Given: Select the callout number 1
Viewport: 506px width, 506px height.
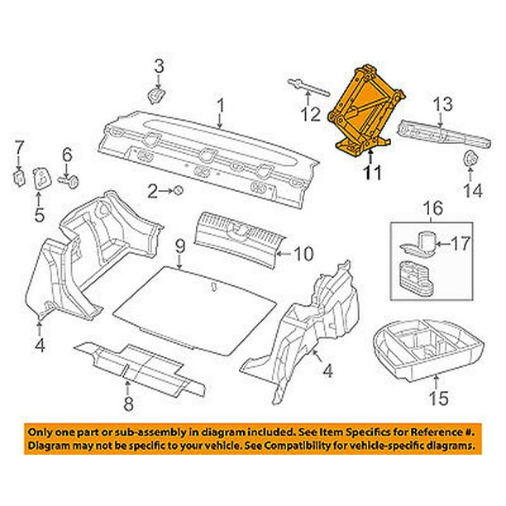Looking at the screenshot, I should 221,104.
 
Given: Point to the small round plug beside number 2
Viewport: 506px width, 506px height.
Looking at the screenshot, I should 178,192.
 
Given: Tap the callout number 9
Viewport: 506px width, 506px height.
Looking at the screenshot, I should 179,246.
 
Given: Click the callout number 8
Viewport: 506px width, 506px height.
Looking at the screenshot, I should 128,403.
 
